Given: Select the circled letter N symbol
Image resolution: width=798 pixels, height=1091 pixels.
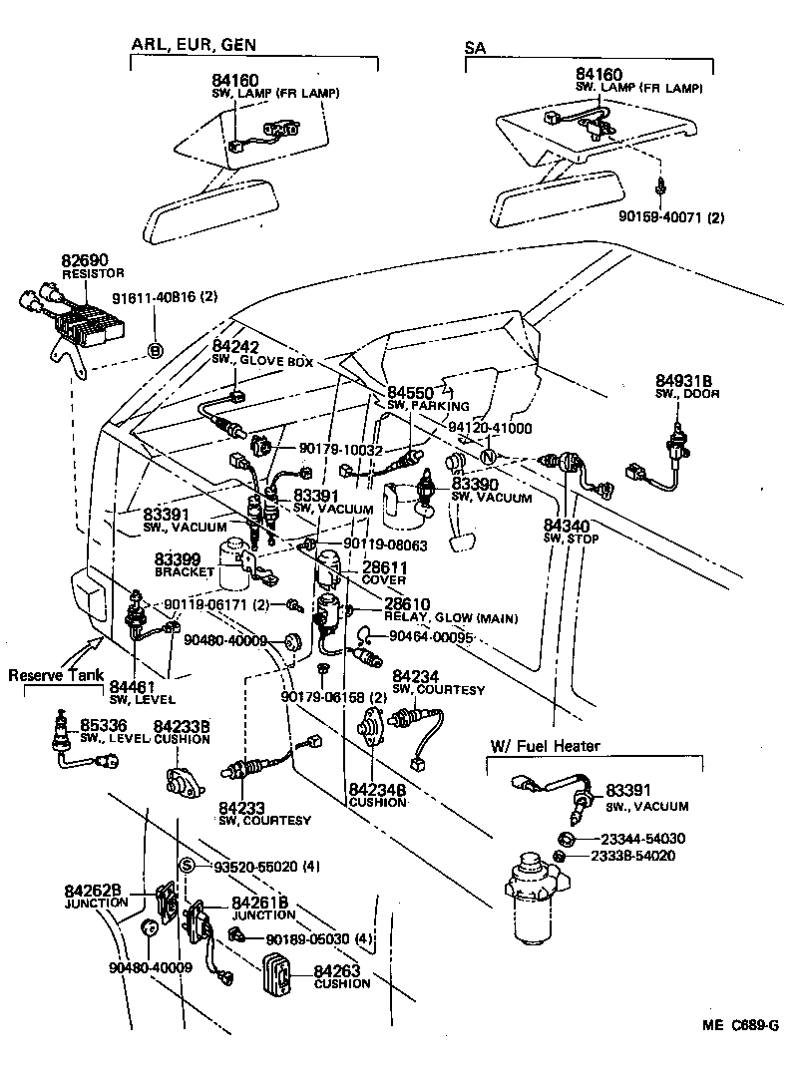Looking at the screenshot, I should coord(489,457).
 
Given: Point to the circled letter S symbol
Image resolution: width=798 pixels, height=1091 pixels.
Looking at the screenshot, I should coord(186,866).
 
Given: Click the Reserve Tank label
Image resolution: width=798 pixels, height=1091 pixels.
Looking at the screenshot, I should coord(55,676).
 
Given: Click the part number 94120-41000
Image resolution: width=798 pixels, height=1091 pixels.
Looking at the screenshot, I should coord(490,428).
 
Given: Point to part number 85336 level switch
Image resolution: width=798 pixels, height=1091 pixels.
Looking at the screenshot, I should coord(102,725).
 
